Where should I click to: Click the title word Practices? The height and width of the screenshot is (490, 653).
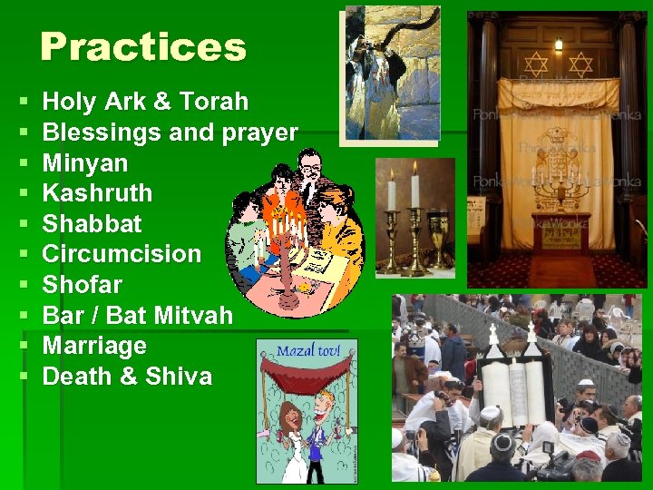[x=143, y=47]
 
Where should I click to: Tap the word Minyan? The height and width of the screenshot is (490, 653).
[x=85, y=163]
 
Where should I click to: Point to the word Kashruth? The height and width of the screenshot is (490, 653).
[x=97, y=193]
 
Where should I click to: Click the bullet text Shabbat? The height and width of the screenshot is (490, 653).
[x=93, y=224]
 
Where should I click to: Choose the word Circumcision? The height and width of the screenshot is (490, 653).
[x=122, y=254]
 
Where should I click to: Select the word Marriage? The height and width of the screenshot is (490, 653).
[x=94, y=346]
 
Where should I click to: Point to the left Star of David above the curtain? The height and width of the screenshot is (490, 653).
[x=537, y=64]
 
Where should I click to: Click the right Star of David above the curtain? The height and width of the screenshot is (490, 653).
[x=580, y=64]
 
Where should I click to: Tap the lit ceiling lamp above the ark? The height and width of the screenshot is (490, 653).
[x=559, y=44]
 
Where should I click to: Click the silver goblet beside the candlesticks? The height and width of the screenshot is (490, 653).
[x=440, y=238]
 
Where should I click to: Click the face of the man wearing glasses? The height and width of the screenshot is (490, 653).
[x=310, y=171]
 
